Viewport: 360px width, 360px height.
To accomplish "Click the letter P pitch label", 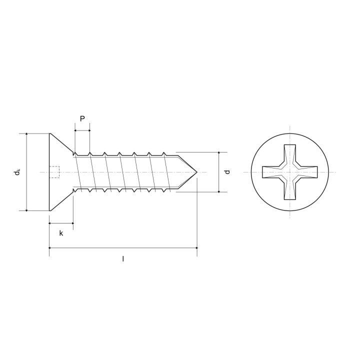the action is [x=82, y=118].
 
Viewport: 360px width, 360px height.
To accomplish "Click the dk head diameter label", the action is [x=17, y=172].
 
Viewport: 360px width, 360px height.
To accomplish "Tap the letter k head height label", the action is [x=61, y=233].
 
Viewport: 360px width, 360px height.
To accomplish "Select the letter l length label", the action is [x=123, y=259].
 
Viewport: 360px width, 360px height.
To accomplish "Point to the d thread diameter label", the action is [x=227, y=172].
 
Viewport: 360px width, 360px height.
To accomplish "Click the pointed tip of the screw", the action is [x=197, y=172].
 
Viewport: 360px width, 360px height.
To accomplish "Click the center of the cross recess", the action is [x=289, y=172].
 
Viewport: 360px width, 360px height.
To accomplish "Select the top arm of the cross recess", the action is [x=289, y=154].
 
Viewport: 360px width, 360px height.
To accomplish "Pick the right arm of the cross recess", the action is [x=308, y=172].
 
